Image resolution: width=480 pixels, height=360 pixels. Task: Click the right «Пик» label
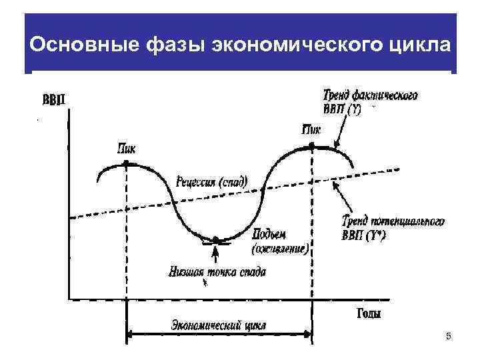pos(311,129)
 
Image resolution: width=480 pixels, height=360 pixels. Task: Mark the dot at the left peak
pos(126,165)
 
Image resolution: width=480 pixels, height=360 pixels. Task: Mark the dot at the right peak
pos(311,146)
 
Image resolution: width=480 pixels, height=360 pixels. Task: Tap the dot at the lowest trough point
pos(215,238)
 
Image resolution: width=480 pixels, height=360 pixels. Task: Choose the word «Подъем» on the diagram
pos(269,235)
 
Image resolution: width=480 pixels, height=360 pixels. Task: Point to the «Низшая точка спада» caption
pos(217,272)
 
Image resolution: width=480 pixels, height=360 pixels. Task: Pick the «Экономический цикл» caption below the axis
pos(219,325)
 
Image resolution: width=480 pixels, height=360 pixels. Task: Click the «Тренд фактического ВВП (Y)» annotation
pos(370,103)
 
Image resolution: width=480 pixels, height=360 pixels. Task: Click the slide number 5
pos(449,337)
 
